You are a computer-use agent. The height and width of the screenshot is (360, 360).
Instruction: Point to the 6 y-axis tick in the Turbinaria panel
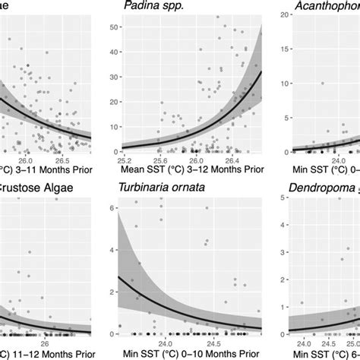(114, 207)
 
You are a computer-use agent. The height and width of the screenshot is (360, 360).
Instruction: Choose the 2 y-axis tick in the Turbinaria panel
(114, 292)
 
